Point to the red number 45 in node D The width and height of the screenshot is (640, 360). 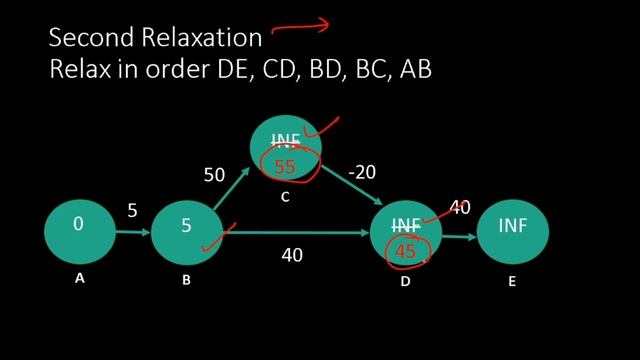[405, 252]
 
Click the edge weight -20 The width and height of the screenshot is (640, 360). [361, 172]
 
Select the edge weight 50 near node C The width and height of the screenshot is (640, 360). [214, 175]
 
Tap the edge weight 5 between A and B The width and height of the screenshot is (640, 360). [132, 210]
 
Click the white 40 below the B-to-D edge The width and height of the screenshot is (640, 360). [291, 255]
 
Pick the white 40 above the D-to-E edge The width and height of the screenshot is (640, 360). [459, 208]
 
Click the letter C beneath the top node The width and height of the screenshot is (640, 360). [285, 197]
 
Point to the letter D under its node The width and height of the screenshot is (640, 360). [405, 282]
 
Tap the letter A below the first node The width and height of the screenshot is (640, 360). [79, 280]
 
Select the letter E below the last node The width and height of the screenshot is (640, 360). [512, 282]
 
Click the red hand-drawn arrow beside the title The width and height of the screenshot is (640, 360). [300, 27]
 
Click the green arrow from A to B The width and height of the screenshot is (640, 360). [132, 232]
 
